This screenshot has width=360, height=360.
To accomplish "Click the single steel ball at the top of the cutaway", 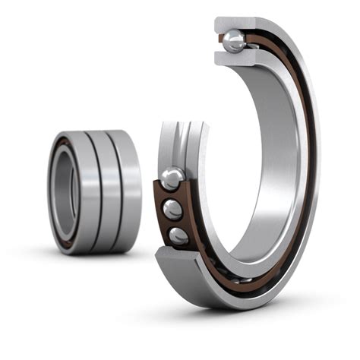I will pos(234,42).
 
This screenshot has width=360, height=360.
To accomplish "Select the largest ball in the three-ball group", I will pos(172,179).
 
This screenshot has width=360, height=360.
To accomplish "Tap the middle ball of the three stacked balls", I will pos(174,210).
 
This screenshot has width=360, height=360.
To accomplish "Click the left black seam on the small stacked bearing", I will pos(92,190).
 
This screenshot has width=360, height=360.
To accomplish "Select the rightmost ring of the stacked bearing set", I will pos(128,190).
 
